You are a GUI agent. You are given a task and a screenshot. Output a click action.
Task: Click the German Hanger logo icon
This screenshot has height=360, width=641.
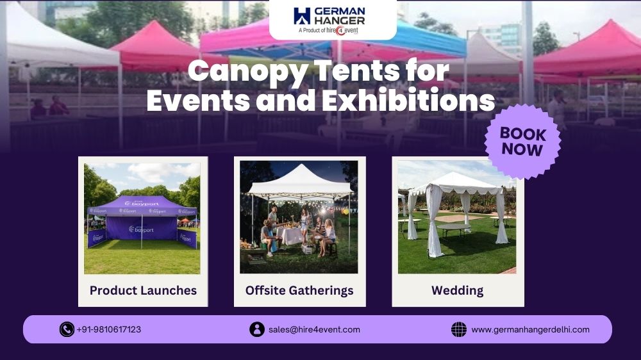click(x=302, y=16)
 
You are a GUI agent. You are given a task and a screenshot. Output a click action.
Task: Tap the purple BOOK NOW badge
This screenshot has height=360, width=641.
click(x=522, y=142)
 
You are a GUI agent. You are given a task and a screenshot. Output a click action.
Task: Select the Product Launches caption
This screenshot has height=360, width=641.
click(x=143, y=290)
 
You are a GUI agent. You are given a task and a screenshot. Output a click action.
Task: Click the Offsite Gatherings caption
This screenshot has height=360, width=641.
click(x=299, y=290)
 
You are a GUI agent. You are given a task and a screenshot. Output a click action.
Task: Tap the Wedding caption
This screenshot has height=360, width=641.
click(x=457, y=290)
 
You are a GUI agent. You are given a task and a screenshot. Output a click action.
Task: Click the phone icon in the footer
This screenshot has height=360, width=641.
click(x=67, y=329)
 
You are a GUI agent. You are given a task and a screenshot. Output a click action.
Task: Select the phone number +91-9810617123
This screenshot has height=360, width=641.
click(x=109, y=329)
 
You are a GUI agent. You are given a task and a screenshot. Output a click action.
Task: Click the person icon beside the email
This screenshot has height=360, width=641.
click(x=256, y=329)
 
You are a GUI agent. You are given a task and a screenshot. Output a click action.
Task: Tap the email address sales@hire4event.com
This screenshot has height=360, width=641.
click(x=314, y=329)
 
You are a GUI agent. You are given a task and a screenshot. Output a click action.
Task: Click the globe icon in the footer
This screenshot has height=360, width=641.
click(x=459, y=329)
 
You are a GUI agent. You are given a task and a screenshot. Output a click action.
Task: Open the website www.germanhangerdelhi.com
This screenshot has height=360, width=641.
click(x=530, y=329)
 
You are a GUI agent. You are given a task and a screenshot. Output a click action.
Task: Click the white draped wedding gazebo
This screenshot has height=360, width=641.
click(x=457, y=205)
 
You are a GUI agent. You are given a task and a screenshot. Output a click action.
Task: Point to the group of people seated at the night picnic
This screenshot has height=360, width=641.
click(x=298, y=234)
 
